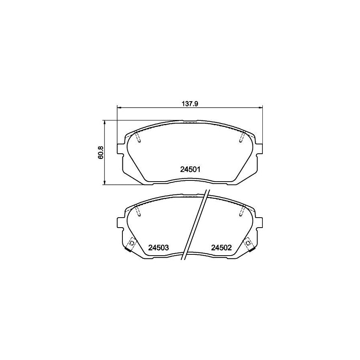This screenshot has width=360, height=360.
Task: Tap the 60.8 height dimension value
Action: coord(101,152)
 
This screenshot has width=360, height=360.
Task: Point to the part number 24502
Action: coord(222,248)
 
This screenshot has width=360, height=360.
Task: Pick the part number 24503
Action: coord(159,248)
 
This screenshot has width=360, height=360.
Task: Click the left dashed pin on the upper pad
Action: coord(138,137)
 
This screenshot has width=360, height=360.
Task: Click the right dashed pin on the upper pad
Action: coord(242,137)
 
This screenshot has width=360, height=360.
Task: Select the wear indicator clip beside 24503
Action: coord(130,244)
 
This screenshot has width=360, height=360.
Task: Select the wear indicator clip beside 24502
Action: coord(250,244)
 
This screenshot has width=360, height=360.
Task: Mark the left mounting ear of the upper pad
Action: coord(120,148)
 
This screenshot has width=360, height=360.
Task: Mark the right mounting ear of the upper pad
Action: coord(260,148)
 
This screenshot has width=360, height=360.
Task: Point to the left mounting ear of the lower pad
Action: coord(120,223)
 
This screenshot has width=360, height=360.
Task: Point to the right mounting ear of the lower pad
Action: coord(260,223)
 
